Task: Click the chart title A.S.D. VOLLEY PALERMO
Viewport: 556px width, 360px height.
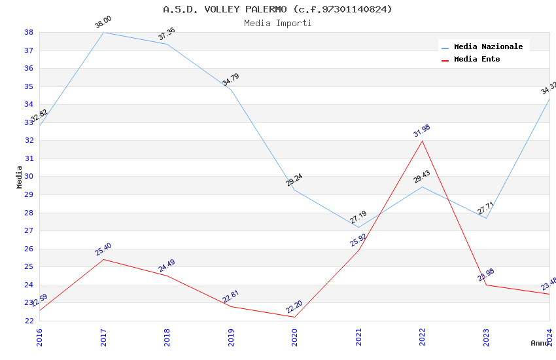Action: point(277,9)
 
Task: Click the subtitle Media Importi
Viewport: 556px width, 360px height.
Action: point(277,23)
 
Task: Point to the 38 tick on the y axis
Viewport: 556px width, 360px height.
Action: point(29,32)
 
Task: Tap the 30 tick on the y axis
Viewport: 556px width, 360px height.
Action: point(29,177)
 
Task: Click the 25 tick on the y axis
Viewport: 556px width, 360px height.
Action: point(29,266)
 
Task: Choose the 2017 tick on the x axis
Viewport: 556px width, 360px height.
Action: point(103,336)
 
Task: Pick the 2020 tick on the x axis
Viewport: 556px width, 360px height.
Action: point(294,336)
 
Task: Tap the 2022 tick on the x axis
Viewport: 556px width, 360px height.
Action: point(422,336)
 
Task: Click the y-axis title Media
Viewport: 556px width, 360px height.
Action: point(20,177)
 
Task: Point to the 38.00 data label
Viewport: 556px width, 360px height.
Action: point(103,23)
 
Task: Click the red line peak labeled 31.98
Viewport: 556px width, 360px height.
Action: point(422,141)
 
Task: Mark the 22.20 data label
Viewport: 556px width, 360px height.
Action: point(294,307)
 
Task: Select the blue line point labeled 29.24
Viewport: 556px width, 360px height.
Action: point(294,190)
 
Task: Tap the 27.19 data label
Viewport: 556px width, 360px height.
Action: point(358,217)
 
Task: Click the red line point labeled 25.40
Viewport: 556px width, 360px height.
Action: point(103,259)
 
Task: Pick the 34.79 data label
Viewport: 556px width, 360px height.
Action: point(231,80)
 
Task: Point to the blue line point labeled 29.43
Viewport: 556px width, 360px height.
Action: point(422,187)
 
